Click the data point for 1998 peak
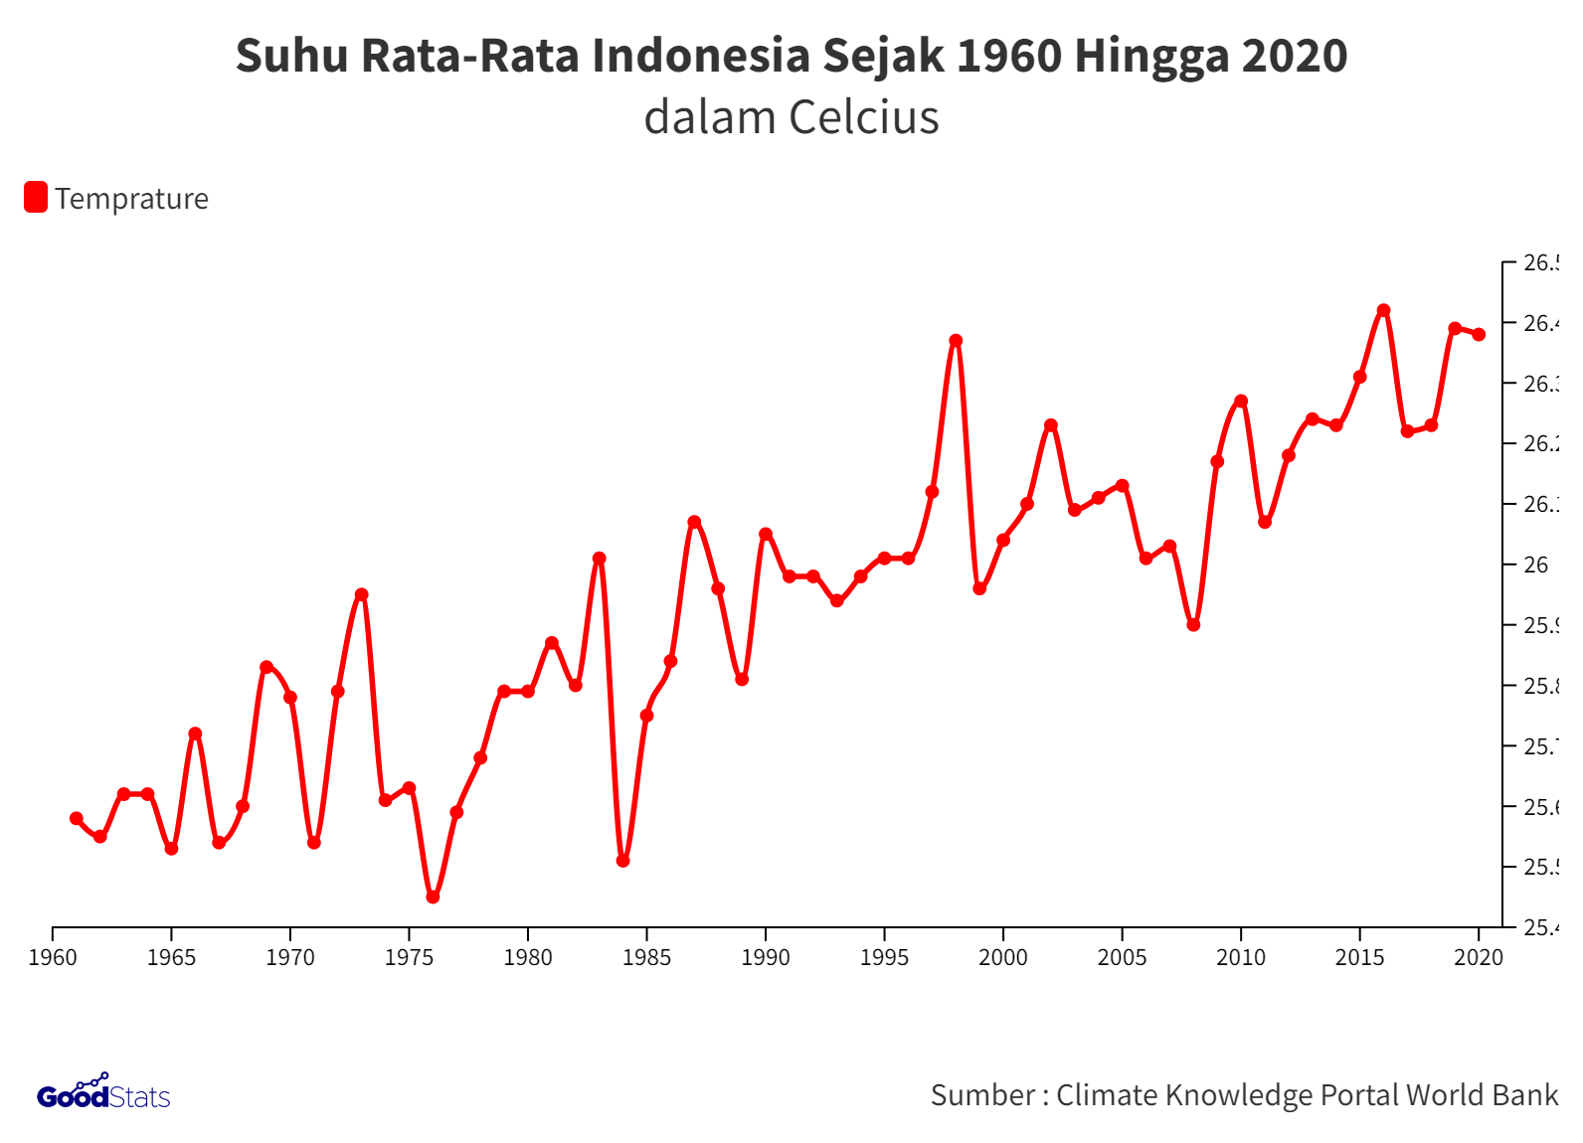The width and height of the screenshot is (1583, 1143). (956, 341)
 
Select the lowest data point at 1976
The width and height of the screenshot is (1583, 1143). (433, 897)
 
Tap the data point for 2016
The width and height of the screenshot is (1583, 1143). (1383, 310)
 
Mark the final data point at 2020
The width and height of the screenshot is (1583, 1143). (1479, 334)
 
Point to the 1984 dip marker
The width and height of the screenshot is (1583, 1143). (622, 861)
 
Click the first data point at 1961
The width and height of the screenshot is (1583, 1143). (77, 818)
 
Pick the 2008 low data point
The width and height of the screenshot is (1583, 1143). (1193, 625)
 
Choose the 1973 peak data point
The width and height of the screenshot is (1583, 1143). (361, 594)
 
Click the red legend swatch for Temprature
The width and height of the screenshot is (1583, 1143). (36, 197)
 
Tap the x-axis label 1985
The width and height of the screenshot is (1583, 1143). (646, 957)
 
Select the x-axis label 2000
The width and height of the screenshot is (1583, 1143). (1002, 957)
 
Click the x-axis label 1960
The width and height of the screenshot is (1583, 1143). (53, 957)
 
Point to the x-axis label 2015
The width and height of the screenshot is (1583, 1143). (1359, 957)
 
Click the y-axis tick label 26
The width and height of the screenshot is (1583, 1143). (1536, 565)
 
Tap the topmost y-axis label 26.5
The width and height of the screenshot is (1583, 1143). (1540, 262)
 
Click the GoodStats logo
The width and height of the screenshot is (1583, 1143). (103, 1093)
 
